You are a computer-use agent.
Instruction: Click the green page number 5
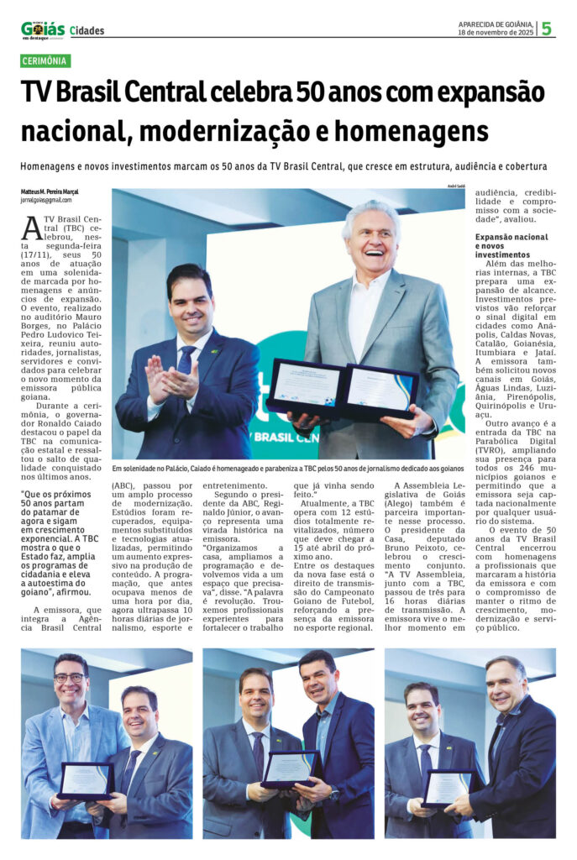point(547,29)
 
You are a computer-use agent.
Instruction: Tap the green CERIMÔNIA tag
point(46,61)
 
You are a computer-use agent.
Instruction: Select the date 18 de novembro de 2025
point(496,34)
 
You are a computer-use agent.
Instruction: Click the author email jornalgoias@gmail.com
point(46,200)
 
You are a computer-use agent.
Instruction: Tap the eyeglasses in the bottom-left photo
point(69,677)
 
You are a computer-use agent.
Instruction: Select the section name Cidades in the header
point(87,31)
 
